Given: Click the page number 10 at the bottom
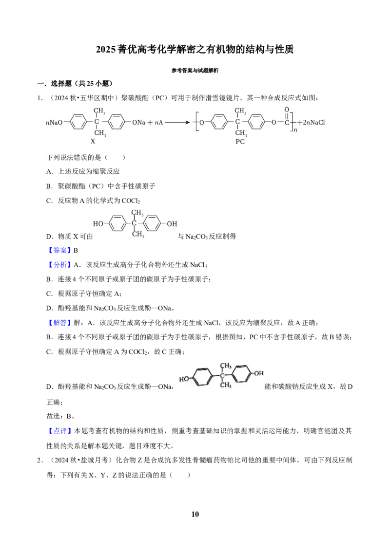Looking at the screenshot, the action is coord(195,514).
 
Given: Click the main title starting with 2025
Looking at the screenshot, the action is coord(195,50).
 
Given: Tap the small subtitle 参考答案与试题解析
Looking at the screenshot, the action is coord(195,71).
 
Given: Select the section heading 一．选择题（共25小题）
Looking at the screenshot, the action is coord(75,84).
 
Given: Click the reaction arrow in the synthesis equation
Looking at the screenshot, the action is coord(178,123).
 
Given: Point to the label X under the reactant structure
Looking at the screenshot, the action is coord(93,141).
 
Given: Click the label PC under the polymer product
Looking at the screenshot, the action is coord(240,142).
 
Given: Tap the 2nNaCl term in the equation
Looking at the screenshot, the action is coord(313,123).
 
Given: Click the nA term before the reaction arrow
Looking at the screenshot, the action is coord(159,123).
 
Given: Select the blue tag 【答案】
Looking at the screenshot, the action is coord(59,250).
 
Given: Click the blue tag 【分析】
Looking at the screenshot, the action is coord(59,265).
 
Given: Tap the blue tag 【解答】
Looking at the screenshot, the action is coord(59,323).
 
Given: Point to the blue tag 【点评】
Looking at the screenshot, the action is coord(59,431).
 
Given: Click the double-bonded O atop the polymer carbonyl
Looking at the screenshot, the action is coord(287,110).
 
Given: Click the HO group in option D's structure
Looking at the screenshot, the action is coord(98,224).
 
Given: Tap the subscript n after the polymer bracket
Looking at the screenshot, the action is coord(295,129).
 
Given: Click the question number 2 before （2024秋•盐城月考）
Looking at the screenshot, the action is coord(39,460).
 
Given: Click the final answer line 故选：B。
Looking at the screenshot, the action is coord(60,416).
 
